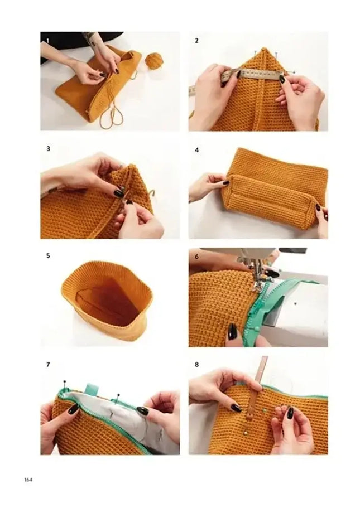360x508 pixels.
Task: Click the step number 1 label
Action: pyautogui.click(x=48, y=41)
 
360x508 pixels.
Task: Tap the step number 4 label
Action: pyautogui.click(x=196, y=150)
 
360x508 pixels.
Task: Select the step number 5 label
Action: pyautogui.click(x=48, y=256)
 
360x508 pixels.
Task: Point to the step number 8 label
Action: pyautogui.click(x=196, y=365)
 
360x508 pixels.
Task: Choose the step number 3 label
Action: pyautogui.click(x=48, y=149)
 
